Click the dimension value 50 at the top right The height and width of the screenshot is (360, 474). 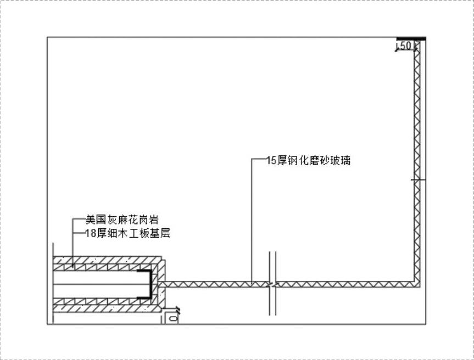coord(405,46)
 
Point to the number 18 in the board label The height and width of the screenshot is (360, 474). coord(92,233)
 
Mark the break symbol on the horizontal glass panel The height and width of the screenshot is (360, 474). coord(272,284)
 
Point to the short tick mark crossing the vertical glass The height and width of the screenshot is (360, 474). coord(417,179)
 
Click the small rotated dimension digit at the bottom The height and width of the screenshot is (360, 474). coord(173,317)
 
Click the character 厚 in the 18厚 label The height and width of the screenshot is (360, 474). coord(103,233)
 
